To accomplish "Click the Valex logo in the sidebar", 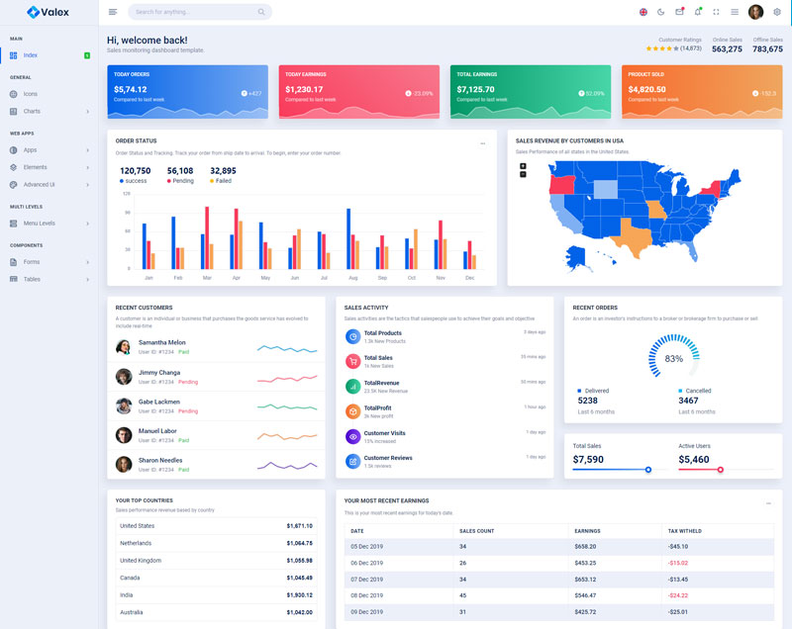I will pos(49,12).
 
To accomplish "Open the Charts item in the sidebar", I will pos(33,111).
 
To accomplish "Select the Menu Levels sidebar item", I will pos(40,223).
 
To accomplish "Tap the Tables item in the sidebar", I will pos(32,279).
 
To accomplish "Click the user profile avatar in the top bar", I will pos(755,12).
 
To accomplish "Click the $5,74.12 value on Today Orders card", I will pos(131,89).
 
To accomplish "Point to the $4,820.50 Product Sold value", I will pos(653,89).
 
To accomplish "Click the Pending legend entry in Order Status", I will pos(180,181).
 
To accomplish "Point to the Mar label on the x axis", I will pos(207,278).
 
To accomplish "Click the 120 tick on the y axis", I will pos(126,194).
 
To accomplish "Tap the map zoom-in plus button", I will pos(523,165).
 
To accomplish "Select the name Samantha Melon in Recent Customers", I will pos(161,342).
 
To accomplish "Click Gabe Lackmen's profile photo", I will pos(124,405).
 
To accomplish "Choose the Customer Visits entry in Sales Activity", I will pos(384,433).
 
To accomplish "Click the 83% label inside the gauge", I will pos(673,358).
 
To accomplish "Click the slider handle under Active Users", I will pos(721,470).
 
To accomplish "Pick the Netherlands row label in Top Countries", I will pos(136,543).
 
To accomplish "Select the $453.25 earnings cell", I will pos(586,563).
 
